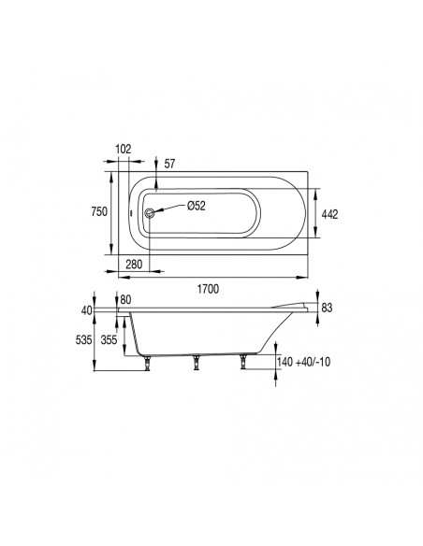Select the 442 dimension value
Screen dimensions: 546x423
point(328,213)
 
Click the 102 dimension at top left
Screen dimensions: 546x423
point(124,150)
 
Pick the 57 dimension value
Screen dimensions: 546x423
point(169,164)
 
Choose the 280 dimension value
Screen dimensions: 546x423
point(133,265)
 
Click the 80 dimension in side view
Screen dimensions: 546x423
point(127,300)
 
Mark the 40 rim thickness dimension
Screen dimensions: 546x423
point(89,309)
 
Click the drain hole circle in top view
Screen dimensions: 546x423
point(147,212)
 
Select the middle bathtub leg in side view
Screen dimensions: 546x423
point(197,363)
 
